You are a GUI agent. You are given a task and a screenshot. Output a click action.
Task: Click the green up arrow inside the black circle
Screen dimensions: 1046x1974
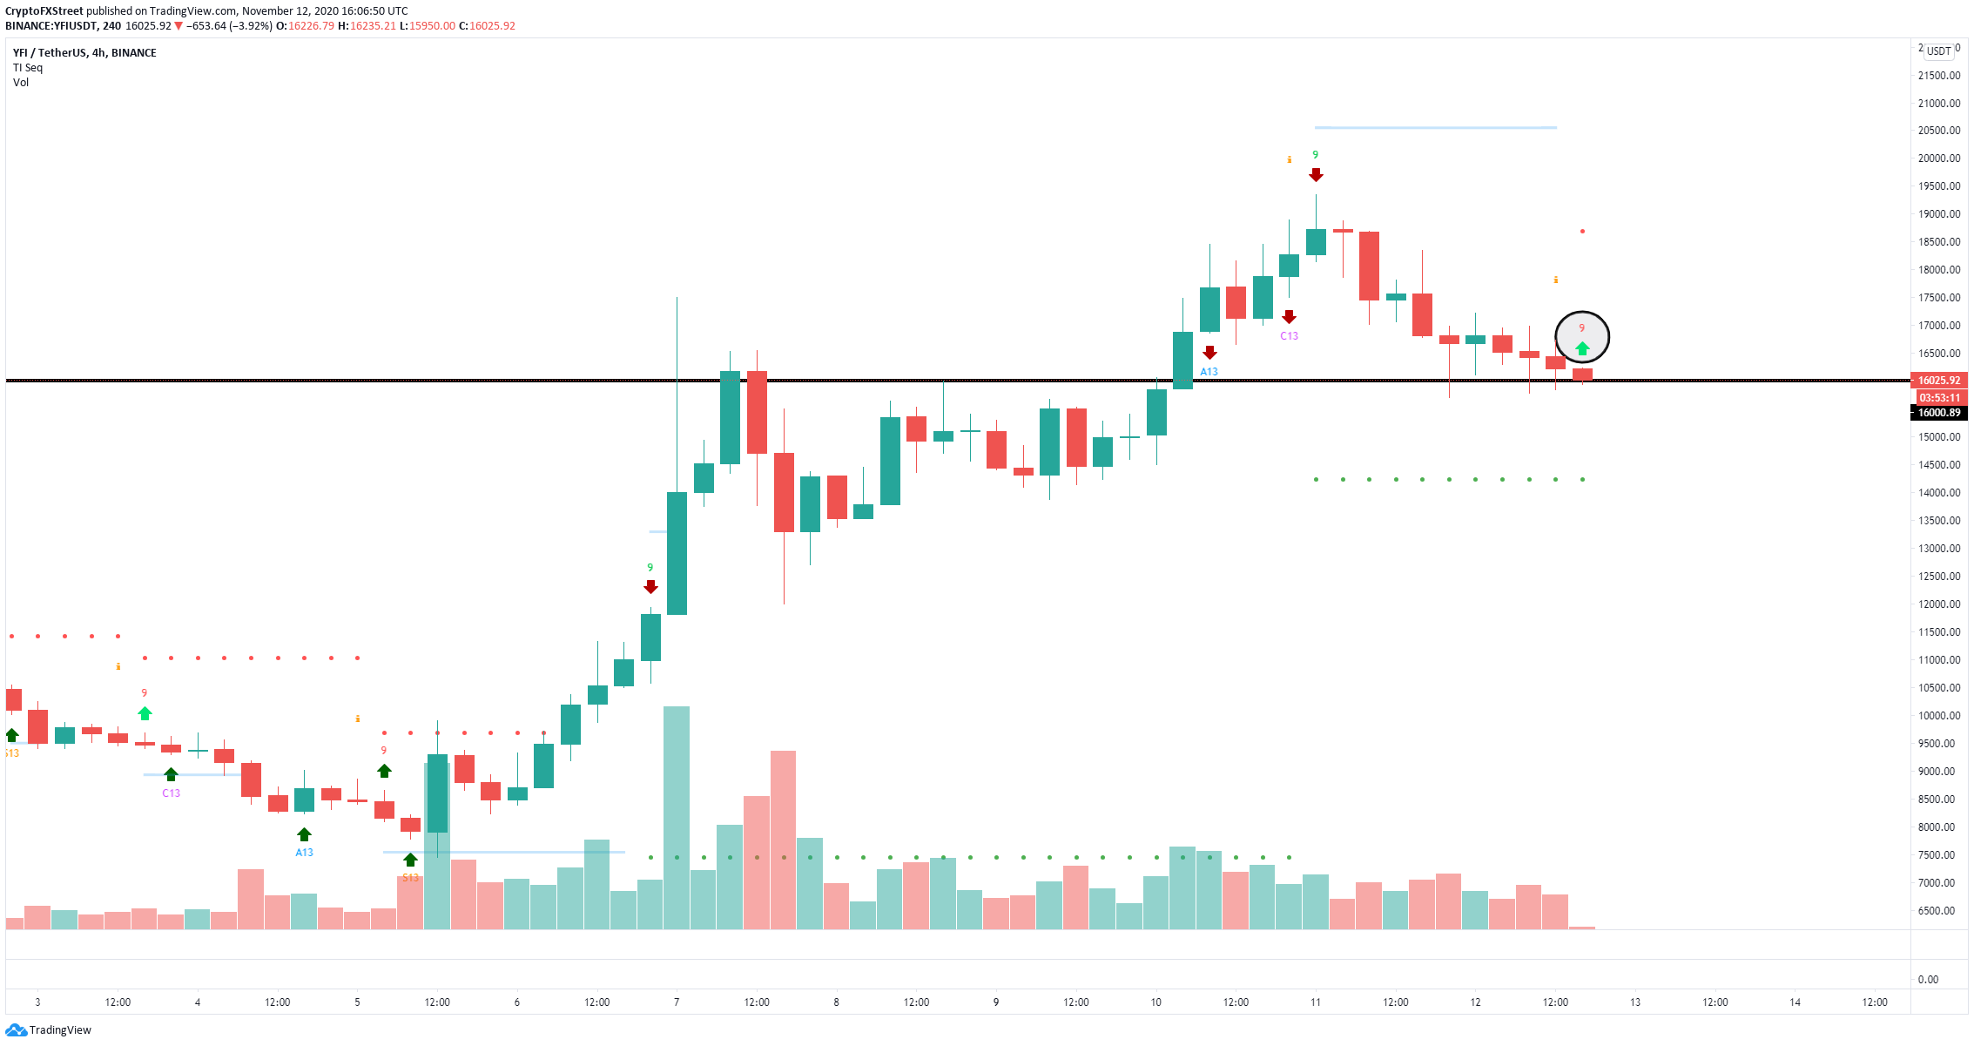coord(1582,348)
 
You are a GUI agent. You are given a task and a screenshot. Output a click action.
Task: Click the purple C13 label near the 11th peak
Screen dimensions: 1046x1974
coord(1289,336)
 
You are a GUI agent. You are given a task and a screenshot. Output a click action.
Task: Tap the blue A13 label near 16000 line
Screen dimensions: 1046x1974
coord(1209,372)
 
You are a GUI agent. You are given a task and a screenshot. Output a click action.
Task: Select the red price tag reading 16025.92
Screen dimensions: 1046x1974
coord(1939,381)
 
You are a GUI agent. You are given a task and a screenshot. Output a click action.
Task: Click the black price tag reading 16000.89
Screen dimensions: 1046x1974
coord(1939,413)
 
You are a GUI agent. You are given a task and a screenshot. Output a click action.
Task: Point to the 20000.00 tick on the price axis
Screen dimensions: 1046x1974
coord(1939,159)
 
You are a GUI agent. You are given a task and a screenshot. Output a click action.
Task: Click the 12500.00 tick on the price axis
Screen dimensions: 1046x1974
coord(1939,577)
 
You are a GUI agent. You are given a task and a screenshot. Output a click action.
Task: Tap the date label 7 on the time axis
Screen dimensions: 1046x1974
coord(677,1002)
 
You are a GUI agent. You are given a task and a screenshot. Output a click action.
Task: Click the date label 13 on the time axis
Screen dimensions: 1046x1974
coord(1635,1002)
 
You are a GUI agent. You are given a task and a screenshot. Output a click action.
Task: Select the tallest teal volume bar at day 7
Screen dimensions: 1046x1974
coord(677,819)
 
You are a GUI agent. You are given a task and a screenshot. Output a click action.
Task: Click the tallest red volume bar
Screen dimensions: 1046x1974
coord(783,840)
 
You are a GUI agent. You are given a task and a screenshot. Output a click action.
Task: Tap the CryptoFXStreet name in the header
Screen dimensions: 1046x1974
coord(44,11)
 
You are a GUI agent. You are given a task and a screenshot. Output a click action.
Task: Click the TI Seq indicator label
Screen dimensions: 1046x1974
coord(28,68)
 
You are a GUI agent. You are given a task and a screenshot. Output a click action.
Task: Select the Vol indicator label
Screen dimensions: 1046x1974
coord(21,83)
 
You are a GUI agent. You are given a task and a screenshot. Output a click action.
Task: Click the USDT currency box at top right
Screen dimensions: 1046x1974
coord(1938,51)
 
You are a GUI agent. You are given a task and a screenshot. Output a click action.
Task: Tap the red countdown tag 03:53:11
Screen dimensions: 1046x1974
coord(1939,397)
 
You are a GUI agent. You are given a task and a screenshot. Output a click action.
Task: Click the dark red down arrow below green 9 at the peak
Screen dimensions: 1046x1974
coord(1316,175)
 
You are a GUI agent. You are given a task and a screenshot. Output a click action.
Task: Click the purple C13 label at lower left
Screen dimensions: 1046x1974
coord(171,793)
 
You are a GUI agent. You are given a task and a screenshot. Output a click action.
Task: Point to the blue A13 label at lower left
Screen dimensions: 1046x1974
coord(304,853)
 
